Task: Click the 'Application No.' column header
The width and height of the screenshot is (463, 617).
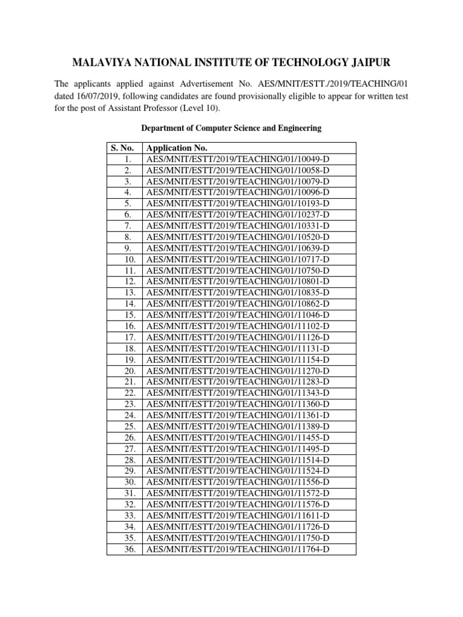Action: [x=177, y=148]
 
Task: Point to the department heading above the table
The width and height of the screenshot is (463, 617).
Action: [x=231, y=128]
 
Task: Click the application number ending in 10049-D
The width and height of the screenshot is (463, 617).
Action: [x=238, y=159]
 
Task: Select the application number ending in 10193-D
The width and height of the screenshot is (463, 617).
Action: [x=238, y=204]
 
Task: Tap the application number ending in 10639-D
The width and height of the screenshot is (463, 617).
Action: [x=238, y=248]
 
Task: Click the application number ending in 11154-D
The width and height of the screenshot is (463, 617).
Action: [x=238, y=360]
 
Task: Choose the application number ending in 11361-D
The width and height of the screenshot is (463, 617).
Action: [x=238, y=416]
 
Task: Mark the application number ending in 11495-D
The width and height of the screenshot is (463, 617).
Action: [x=238, y=449]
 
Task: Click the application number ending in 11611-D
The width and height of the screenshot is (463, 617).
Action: [x=238, y=516]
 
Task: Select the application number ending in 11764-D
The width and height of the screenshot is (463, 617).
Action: [x=238, y=550]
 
